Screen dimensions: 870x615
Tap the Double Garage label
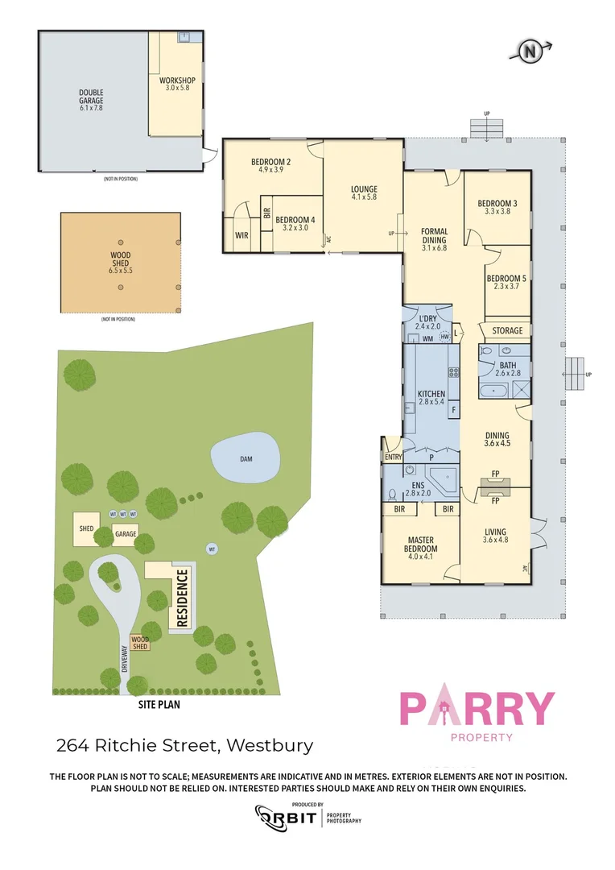coord(91,100)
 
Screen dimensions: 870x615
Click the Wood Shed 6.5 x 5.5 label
coord(121,263)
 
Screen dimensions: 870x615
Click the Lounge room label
coord(364,193)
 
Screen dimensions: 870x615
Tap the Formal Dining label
coord(435,239)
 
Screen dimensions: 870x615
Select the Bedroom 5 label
coord(507,284)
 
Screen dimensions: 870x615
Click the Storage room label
coord(507,330)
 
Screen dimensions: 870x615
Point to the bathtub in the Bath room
coord(493,392)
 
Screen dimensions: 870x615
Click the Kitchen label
coord(431,398)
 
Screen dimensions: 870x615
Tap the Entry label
coord(393,457)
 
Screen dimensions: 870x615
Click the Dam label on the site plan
coord(246,458)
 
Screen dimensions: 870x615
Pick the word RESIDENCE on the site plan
coord(182,599)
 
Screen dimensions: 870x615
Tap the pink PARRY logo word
coord(477,709)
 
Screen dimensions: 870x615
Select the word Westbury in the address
coord(270,745)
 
